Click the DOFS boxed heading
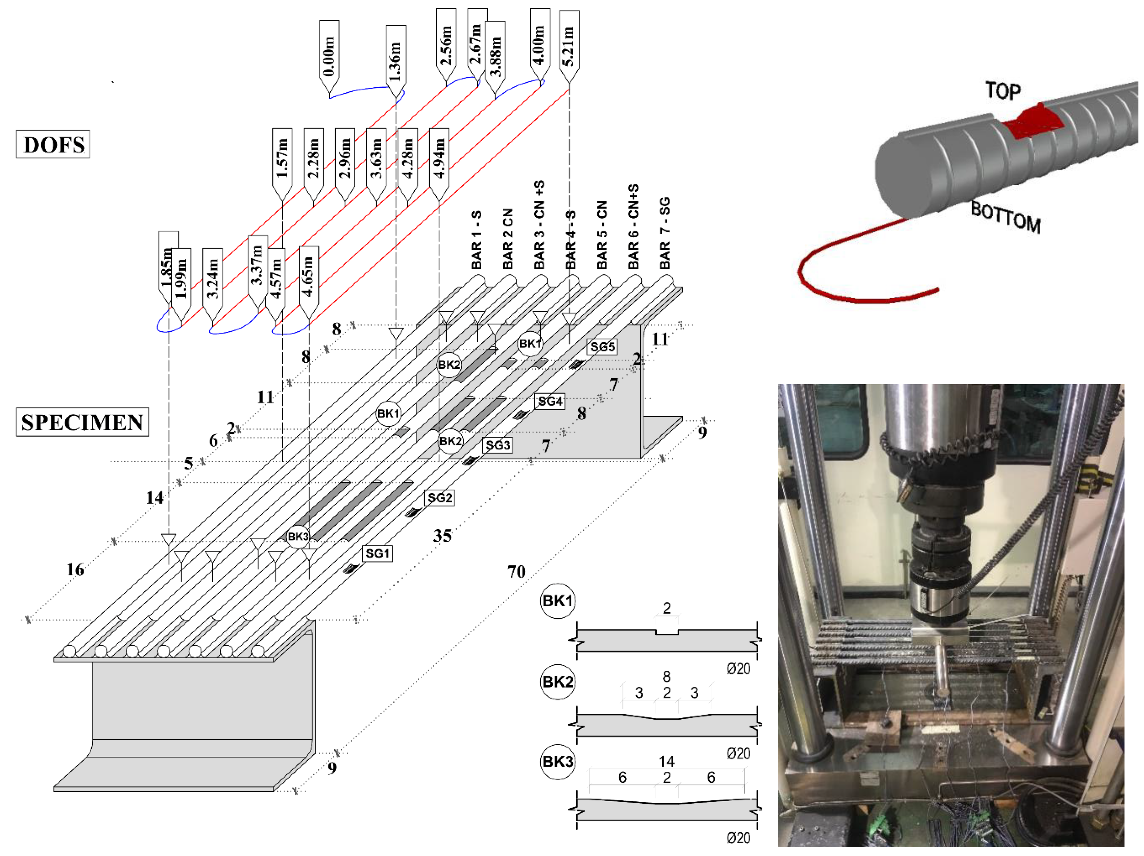point(53,144)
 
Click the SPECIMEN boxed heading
point(82,422)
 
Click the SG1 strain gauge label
point(377,553)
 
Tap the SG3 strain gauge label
point(497,445)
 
